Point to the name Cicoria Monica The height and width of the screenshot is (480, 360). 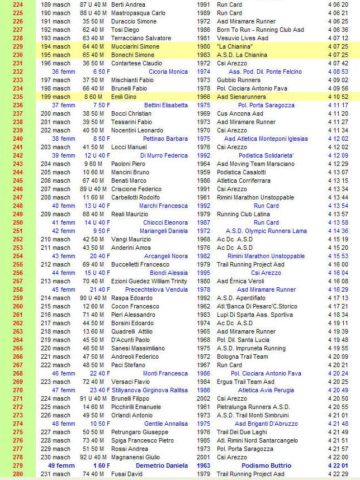click(168, 72)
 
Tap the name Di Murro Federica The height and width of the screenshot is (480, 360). click(164, 155)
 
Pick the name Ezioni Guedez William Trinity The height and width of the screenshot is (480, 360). click(148, 281)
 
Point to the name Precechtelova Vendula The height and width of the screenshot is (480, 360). click(157, 289)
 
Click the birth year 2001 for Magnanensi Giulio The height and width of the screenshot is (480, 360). click(204, 457)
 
